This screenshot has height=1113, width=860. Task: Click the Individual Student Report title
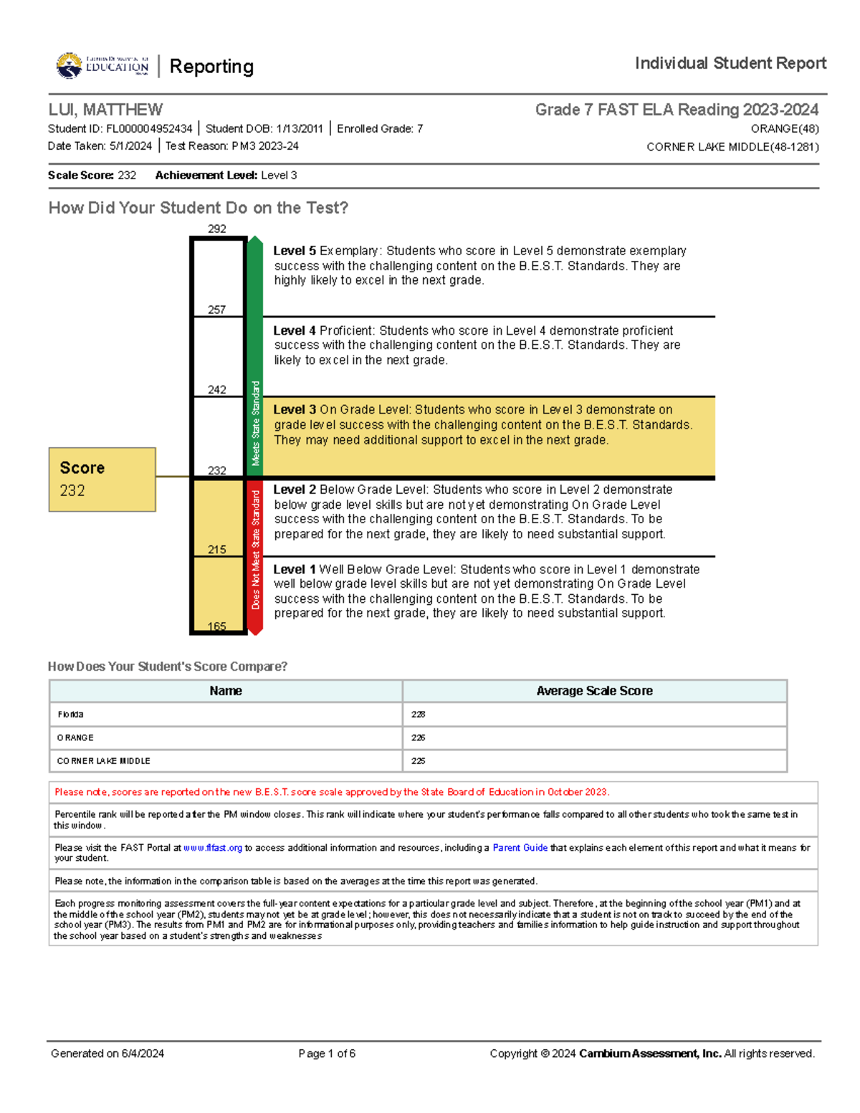coord(730,64)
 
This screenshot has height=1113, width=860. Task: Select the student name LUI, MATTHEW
coord(105,110)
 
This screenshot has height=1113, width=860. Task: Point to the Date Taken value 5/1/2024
coord(130,146)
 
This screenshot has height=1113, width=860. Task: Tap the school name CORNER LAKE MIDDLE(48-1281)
coord(732,147)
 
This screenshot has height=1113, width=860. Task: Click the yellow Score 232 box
coord(102,479)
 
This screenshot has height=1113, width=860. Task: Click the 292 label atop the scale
coord(217,229)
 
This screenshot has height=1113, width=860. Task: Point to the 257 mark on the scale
coord(216,310)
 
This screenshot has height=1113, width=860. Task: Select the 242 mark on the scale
coord(216,390)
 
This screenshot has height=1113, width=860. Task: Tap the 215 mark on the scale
coord(216,550)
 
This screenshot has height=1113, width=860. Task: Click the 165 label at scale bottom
coord(216,626)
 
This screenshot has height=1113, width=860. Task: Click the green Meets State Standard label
coord(255,423)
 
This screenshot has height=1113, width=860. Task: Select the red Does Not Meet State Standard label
coord(255,550)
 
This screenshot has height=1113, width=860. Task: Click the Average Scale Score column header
coord(594,691)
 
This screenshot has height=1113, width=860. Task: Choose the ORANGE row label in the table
coord(75,737)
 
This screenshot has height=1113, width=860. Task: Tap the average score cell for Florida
coord(419,715)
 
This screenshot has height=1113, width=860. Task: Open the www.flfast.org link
coord(213,848)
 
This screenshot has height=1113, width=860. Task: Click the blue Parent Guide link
coord(520,848)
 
